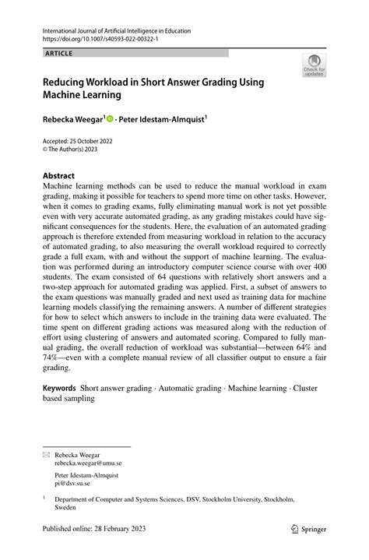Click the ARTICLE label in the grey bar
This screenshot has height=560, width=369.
[x=54, y=54]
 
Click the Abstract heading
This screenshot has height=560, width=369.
[x=61, y=176]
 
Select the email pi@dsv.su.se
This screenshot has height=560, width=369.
[x=72, y=483]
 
